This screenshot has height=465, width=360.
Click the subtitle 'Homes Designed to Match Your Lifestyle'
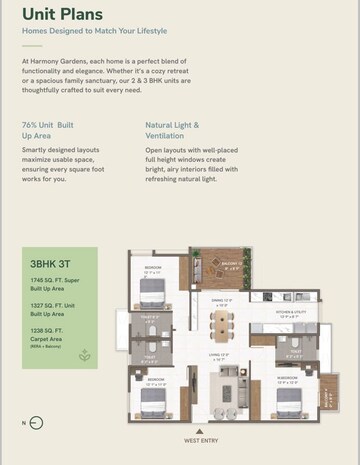(94, 31)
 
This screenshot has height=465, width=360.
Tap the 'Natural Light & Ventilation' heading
(172, 130)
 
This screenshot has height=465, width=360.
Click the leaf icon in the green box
(85, 354)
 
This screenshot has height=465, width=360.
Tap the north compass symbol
(37, 422)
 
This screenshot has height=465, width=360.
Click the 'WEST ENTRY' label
(203, 439)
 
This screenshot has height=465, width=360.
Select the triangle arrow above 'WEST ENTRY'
(203, 429)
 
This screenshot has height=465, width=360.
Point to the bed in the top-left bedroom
(152, 290)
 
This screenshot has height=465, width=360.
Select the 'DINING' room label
(222, 299)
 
